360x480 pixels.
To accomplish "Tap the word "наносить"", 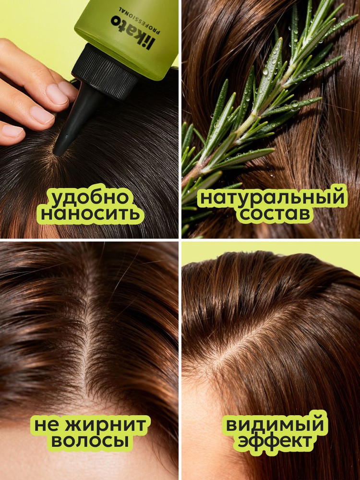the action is tap(90, 214).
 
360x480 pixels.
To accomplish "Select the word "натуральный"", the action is tap(272, 198).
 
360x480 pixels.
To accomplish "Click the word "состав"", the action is tap(274, 214).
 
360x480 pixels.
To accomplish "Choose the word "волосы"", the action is tap(89, 441).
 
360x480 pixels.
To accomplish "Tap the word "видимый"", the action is tap(274, 425).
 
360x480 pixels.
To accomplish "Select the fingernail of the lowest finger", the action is tap(12, 131).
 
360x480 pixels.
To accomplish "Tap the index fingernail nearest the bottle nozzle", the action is tap(57, 94).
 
